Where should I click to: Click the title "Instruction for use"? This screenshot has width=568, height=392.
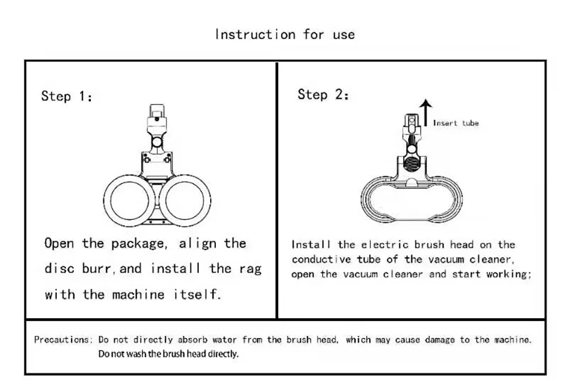[285, 35]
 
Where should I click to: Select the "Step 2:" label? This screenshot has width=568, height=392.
[323, 95]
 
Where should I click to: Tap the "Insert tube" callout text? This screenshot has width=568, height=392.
[456, 123]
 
